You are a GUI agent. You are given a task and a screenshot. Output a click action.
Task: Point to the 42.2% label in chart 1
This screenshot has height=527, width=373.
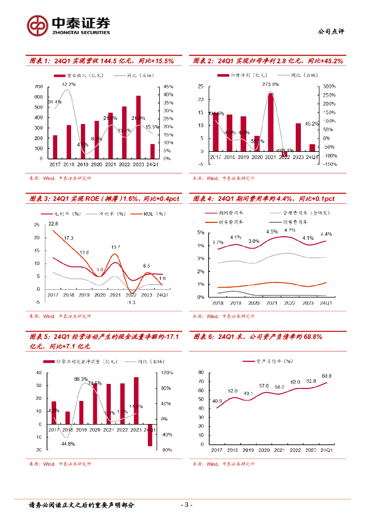click(x=69, y=84)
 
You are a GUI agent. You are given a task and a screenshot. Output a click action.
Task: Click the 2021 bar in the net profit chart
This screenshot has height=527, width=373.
click(x=270, y=122)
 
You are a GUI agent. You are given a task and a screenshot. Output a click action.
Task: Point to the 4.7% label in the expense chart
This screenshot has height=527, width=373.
click(x=290, y=231)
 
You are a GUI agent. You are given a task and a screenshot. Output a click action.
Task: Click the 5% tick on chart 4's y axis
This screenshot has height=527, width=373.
click(x=201, y=233)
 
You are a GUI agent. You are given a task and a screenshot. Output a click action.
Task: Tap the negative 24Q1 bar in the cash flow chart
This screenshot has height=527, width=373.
click(x=150, y=435)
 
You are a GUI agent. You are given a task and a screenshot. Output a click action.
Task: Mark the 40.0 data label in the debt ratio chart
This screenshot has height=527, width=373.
click(x=217, y=401)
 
